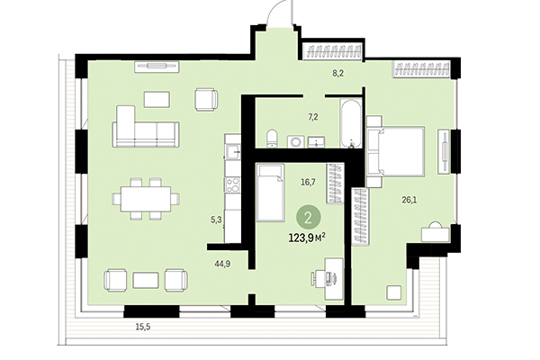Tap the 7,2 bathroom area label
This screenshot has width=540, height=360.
coord(313,117)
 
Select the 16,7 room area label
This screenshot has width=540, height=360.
coord(307,181)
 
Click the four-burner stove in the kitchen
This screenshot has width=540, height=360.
coord(232,185)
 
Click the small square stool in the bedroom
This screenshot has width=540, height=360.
coord(393,292)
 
